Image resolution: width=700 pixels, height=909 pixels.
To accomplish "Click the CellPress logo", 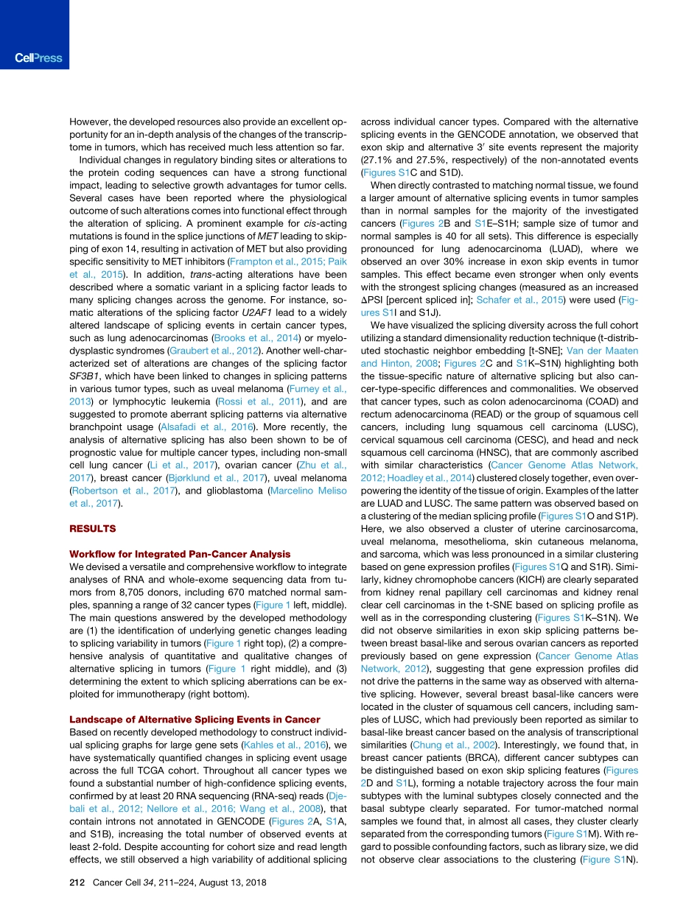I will coord(38,58).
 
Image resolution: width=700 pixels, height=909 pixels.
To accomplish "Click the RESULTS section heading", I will coord(93,528).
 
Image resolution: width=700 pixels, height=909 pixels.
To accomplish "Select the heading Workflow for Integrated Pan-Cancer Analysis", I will coord(179,553).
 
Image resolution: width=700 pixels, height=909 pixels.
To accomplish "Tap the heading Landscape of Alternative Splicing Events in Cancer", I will coord(195,719).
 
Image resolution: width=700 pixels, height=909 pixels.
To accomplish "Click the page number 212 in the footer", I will coord(77,882).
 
